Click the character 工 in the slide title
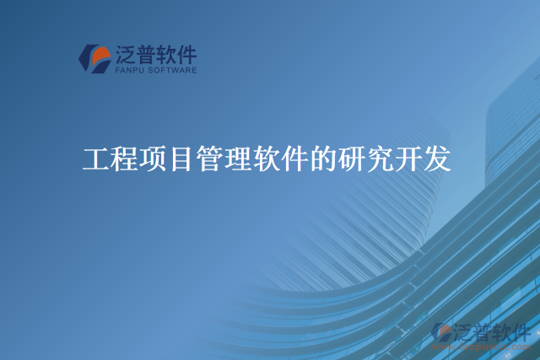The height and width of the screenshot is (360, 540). (x=96, y=159)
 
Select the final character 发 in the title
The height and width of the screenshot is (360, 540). (x=438, y=159)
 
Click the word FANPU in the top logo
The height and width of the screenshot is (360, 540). (x=129, y=71)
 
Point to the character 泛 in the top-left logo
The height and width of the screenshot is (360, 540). (x=126, y=55)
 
